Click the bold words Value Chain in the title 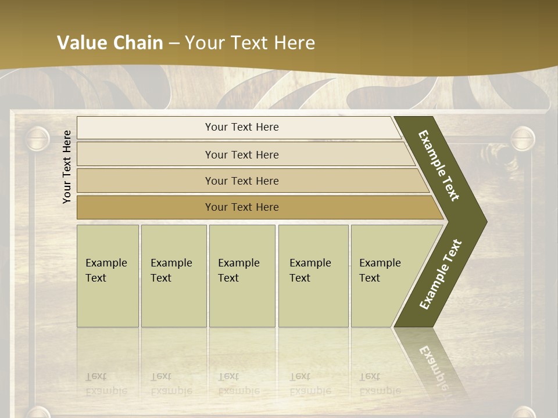pyautogui.click(x=110, y=43)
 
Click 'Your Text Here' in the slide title pyautogui.click(x=250, y=43)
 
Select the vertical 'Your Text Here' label pyautogui.click(x=67, y=167)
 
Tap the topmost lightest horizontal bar pyautogui.click(x=241, y=127)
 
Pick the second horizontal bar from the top pyautogui.click(x=241, y=154)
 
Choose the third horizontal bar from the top pyautogui.click(x=241, y=181)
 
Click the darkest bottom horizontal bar pyautogui.click(x=241, y=207)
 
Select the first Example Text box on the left pyautogui.click(x=108, y=276)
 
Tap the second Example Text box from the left pyautogui.click(x=173, y=276)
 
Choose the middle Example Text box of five pyautogui.click(x=242, y=276)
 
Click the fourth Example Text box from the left pyautogui.click(x=313, y=276)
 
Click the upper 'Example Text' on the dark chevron pyautogui.click(x=439, y=165)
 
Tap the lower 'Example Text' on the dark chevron pyautogui.click(x=441, y=274)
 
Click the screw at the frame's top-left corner pyautogui.click(x=37, y=139)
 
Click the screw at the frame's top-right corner pyautogui.click(x=522, y=139)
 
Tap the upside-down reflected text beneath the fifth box pyautogui.click(x=380, y=384)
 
